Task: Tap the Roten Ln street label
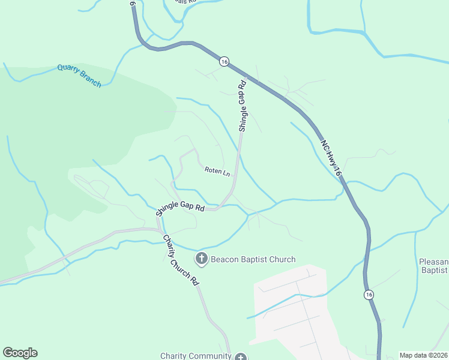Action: (x=217, y=172)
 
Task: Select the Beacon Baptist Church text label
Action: (x=253, y=259)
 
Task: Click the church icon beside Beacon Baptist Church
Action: (x=202, y=259)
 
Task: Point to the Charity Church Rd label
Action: (x=181, y=259)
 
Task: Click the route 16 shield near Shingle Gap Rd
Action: (x=224, y=61)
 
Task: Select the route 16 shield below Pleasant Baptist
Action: (x=369, y=294)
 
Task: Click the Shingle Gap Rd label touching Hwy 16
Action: (x=243, y=106)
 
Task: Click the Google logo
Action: (x=20, y=353)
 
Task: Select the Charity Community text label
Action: (x=196, y=356)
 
